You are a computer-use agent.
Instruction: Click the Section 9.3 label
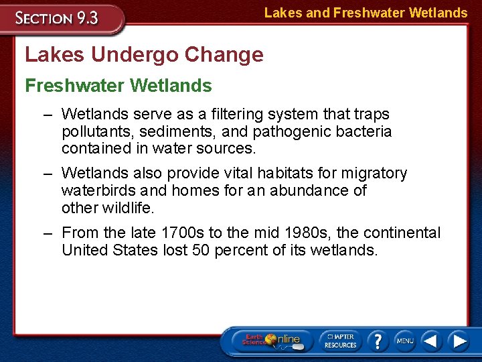pos(58,18)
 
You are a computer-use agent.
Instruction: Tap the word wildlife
pos(128,208)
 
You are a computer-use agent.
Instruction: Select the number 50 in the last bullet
pos(202,250)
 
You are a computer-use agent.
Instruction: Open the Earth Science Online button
pos(272,340)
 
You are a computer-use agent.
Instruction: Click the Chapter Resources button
pos(340,340)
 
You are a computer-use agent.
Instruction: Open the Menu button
pos(405,341)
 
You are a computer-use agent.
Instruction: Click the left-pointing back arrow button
pos(432,341)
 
